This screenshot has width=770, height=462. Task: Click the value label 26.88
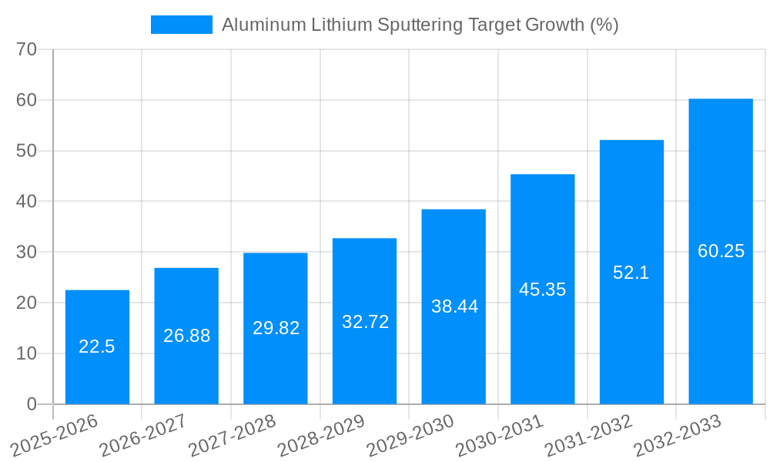click(186, 336)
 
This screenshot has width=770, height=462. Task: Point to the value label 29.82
click(276, 328)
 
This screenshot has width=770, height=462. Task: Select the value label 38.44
click(454, 306)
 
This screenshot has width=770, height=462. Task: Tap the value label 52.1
click(631, 273)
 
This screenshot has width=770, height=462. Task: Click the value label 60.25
click(721, 251)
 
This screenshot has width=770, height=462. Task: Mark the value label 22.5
click(97, 346)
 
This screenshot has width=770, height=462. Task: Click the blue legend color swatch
click(181, 25)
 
